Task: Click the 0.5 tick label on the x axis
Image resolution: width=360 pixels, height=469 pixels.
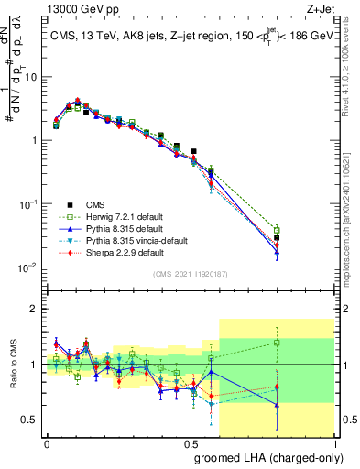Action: click(191, 442)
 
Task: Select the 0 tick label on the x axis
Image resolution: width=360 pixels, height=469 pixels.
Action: click(47, 442)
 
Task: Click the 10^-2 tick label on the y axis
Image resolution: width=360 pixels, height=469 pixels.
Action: click(27, 267)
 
